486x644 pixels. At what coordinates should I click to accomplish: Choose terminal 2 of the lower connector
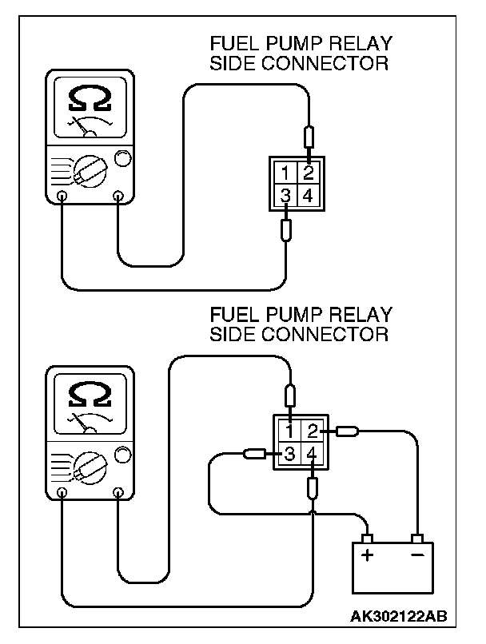(313, 432)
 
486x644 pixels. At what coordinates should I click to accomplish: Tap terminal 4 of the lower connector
(313, 455)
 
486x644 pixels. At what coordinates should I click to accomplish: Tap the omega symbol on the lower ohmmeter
(86, 393)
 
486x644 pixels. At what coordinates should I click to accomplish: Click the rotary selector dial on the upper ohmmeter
(87, 168)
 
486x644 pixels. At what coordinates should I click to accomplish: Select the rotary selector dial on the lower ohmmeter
(87, 465)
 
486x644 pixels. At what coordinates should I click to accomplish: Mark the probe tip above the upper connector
(309, 135)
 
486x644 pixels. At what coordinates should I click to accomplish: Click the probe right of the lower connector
(347, 432)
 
